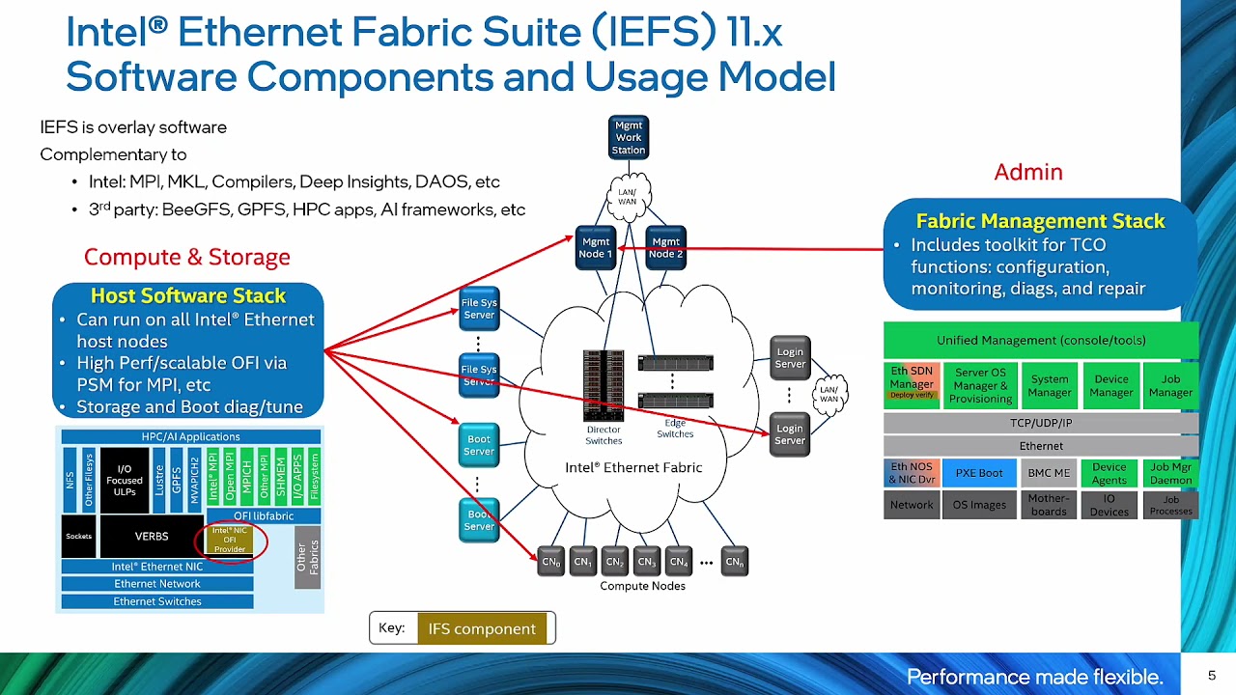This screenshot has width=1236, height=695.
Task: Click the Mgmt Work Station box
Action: pos(628,137)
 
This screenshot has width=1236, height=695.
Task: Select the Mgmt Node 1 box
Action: pos(596,248)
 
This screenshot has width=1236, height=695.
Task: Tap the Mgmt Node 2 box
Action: pos(665,248)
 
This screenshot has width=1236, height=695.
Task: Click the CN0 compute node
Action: pos(550,561)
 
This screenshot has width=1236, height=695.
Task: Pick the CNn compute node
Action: pos(735,561)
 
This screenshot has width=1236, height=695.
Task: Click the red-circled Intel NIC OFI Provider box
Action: pos(230,541)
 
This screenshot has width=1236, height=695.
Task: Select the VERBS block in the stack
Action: pos(151,536)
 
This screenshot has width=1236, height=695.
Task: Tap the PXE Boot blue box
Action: pos(979,473)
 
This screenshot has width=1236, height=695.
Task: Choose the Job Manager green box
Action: pos(1170,385)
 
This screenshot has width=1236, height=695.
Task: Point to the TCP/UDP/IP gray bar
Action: pos(1041,423)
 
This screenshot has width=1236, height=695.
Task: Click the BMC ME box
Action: pos(1049,473)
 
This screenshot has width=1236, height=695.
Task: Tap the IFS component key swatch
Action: pos(481,628)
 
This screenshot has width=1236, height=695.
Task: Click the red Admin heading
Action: pos(1028,172)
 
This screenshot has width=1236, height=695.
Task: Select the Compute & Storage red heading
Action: pos(186,257)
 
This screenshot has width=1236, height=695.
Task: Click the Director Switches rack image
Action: pos(604,385)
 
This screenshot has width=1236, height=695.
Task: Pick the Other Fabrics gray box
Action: pos(307,557)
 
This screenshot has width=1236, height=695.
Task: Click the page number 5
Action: pos(1212,676)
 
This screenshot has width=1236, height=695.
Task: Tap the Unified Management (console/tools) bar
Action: pos(1041,340)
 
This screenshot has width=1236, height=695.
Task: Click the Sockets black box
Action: pos(78,536)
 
